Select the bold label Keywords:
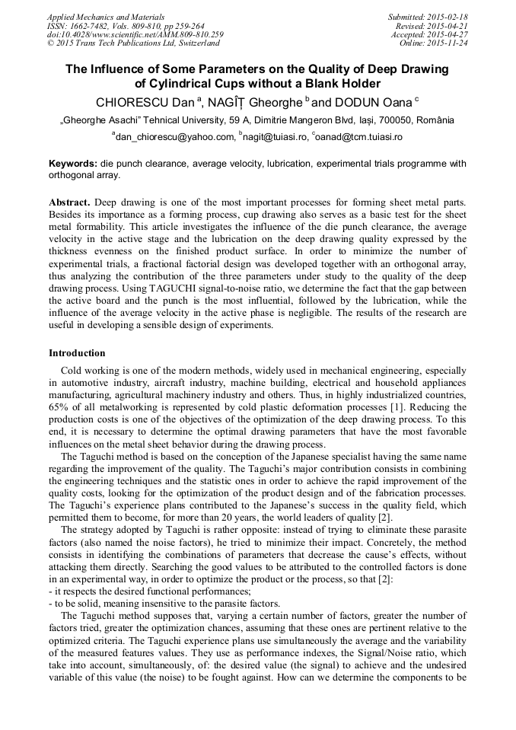(73, 164)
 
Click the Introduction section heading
(77, 353)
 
